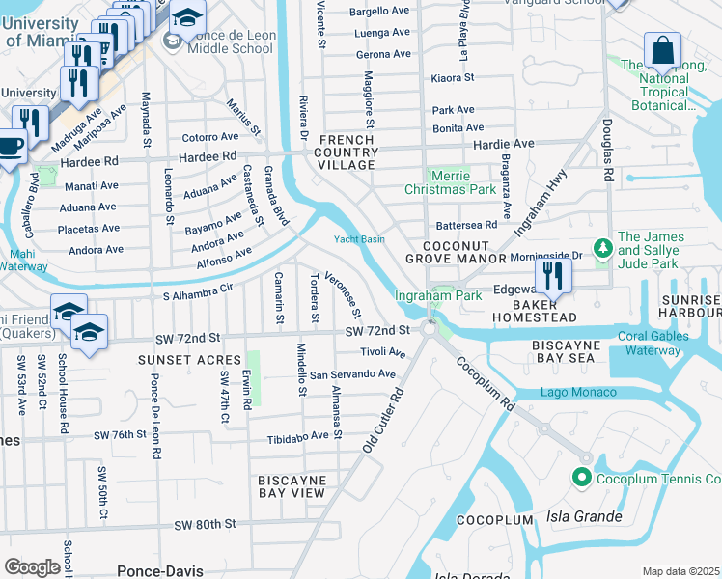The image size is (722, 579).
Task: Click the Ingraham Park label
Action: pos(437,296)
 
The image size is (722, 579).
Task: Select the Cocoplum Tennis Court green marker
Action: pos(582,478)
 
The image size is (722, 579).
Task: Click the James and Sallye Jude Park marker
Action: pos(603,249)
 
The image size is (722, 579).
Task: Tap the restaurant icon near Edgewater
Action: pos(552,274)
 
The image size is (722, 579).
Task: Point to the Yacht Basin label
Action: pos(359,239)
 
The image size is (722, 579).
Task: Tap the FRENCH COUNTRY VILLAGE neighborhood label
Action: pos(347,152)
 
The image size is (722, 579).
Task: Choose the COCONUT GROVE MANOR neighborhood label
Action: pos(456,252)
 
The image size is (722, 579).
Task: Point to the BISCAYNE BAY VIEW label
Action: pos(292,486)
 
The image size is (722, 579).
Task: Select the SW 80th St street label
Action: pos(205,525)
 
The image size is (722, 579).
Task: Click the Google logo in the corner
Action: pos(32,567)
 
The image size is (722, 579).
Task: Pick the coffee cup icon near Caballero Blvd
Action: pos(10,148)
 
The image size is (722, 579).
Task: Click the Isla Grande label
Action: pos(585,517)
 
